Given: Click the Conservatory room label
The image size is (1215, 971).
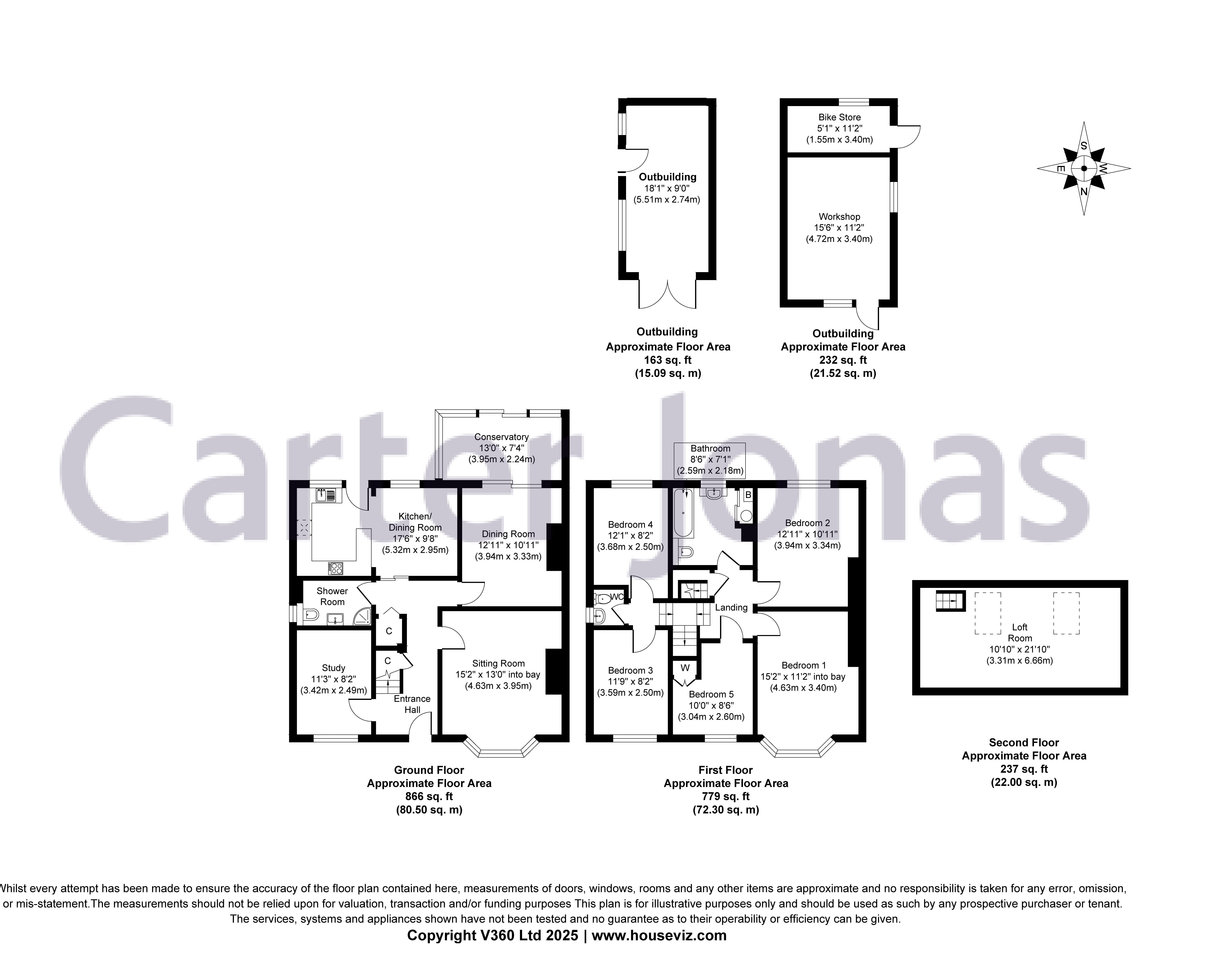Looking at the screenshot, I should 501,437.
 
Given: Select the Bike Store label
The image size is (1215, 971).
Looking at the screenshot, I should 839,117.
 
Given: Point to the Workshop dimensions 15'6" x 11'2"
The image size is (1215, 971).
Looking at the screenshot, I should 839,228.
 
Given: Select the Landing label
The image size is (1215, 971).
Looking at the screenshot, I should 731,607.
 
